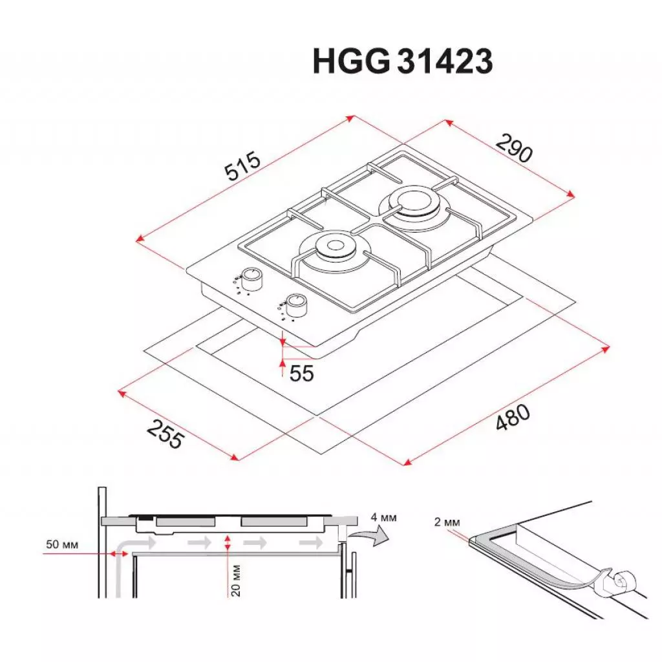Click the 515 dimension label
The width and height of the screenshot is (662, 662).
pyautogui.click(x=242, y=167)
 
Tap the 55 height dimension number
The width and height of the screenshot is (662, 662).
pyautogui.click(x=301, y=373)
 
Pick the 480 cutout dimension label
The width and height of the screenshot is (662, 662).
pyautogui.click(x=513, y=418)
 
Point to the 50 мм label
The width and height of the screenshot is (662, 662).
pyautogui.click(x=63, y=545)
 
